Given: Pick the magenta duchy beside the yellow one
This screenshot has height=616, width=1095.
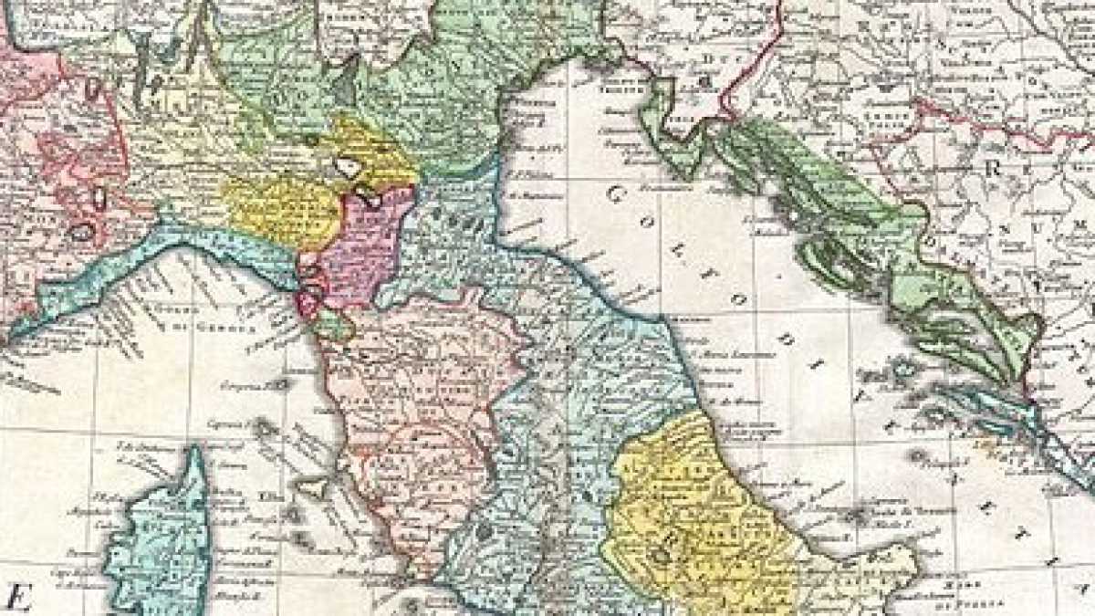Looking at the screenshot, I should point(365,246).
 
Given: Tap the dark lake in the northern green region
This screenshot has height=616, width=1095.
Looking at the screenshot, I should point(345,91).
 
